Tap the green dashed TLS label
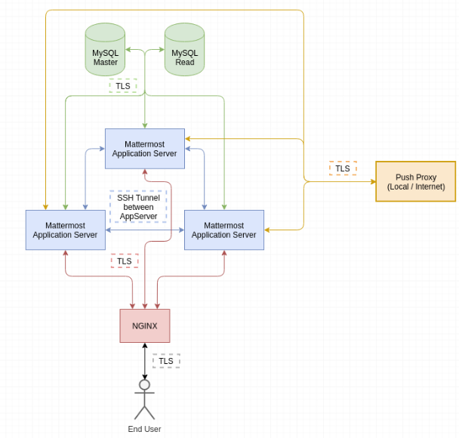123,86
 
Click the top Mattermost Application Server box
144,148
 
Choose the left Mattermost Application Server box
65,230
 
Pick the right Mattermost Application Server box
223,230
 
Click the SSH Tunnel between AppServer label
138,207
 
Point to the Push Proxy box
415,181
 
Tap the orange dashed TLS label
343,168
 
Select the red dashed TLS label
125,261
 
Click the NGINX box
144,325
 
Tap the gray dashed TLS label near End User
166,361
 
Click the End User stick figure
144,399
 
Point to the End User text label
144,429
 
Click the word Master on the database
105,62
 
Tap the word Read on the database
184,62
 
